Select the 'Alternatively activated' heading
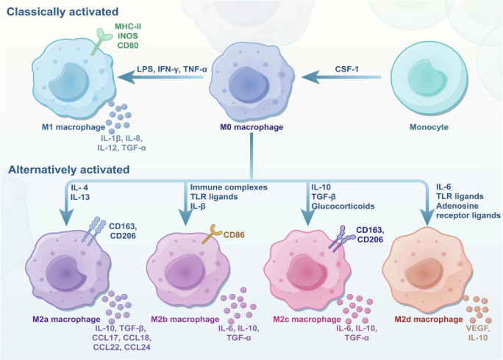coord(69,170)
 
